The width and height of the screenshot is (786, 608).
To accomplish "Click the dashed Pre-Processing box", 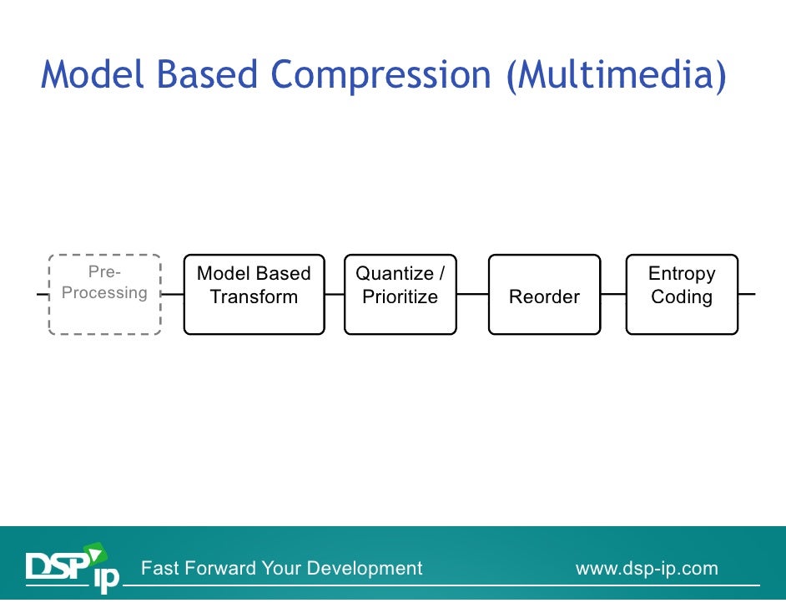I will pos(104,294).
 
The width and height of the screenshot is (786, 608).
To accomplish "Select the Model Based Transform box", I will pos(254,294).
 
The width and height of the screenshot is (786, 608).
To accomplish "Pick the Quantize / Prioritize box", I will pos(400,294).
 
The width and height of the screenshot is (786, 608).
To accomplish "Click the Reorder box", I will pos(544,294).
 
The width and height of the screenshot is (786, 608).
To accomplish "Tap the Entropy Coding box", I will pos(682,294).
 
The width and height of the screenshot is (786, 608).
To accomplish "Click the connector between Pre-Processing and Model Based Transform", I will pos(172,294).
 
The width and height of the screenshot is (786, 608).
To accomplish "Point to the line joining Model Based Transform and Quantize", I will pos(334,294).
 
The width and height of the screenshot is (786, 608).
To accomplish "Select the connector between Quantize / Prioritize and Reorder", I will pos(472,294).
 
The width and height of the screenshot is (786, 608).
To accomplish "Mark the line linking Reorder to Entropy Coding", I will pos(613,294).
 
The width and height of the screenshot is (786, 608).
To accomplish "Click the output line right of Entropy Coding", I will pos(747,294).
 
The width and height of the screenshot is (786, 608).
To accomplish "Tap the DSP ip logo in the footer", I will pos(72,567).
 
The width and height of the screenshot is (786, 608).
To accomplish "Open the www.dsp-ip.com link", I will pos(647,569).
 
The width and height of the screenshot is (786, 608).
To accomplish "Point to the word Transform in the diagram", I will pos(254,297).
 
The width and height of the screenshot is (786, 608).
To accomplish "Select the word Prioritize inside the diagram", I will pos(400,297).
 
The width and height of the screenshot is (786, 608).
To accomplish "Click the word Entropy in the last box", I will pos(682,274).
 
